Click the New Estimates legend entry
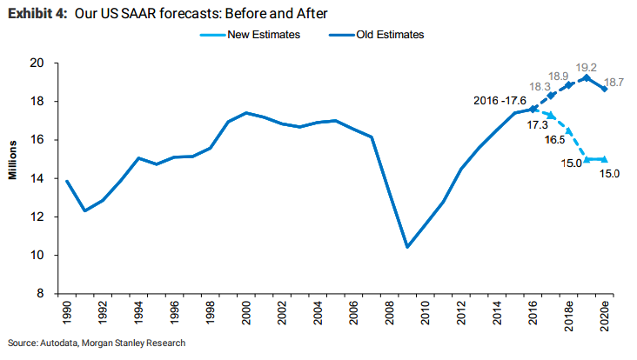(251, 35)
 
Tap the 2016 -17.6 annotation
(500, 101)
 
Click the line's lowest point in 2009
(407, 247)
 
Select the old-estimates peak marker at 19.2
(587, 77)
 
